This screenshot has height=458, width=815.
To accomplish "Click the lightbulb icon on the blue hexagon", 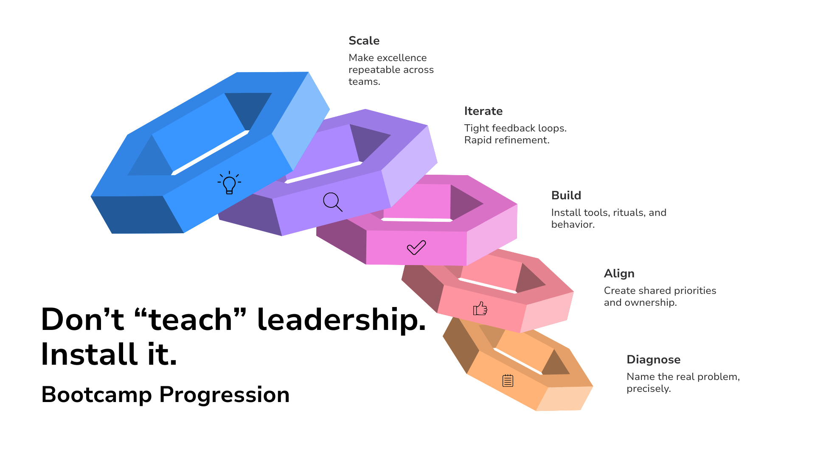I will [x=229, y=183].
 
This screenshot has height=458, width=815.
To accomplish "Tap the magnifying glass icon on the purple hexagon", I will [x=332, y=202].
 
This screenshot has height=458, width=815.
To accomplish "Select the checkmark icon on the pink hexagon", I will [x=416, y=247].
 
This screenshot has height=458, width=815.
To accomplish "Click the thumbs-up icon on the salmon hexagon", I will [x=480, y=308].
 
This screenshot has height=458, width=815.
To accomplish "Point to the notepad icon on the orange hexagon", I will [x=508, y=380].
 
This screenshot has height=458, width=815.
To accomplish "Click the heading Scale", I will [x=364, y=41].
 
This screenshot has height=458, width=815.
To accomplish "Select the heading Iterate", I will [x=483, y=111].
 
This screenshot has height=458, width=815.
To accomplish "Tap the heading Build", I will [x=566, y=195].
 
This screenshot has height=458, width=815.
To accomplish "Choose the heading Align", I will [x=619, y=274].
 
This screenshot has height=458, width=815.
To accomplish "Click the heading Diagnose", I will [x=653, y=360].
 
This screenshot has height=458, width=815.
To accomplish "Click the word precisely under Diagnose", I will [x=648, y=389].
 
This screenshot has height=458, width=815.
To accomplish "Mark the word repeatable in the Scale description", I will [x=374, y=70].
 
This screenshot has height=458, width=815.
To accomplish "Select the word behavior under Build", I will [x=572, y=224].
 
